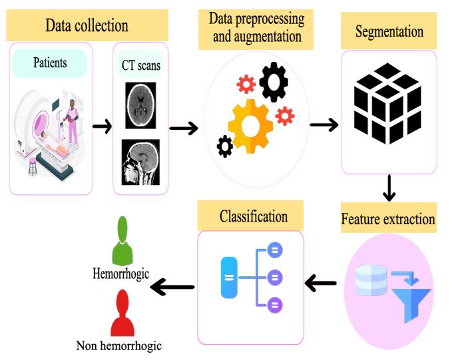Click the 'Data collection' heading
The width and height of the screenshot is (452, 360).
coord(87,26)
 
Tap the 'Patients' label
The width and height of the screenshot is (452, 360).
coord(49,64)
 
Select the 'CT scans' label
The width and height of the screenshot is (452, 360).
coord(140,65)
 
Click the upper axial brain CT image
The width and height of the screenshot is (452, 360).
coord(140,104)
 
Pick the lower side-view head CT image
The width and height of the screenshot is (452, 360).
coord(140,162)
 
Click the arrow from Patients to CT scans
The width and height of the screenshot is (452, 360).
coord(102,126)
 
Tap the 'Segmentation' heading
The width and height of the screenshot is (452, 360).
coord(389,31)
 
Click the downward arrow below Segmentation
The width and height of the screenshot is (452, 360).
coord(389,188)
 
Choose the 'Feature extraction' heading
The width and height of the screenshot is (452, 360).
coord(388,218)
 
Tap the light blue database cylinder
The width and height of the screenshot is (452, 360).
coord(371,280)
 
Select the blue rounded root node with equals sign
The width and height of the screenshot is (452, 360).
coord(228,277)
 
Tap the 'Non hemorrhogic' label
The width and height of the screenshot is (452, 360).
coord(119,345)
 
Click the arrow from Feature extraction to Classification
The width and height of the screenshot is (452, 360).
coord(321,284)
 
